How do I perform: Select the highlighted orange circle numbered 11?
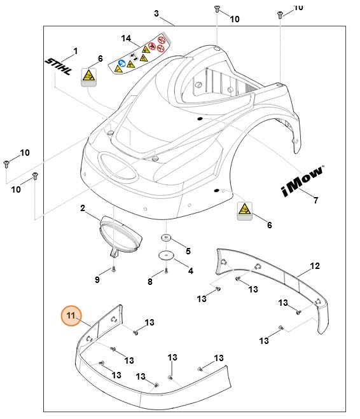tap(71, 316)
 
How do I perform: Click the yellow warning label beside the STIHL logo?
tap(88, 78)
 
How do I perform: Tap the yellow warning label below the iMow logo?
tap(244, 210)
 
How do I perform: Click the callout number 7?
tap(315, 201)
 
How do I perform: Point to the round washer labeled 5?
tap(165, 238)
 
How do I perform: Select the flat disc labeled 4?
tap(166, 256)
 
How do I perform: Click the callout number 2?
tap(83, 208)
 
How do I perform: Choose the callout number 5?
tap(188, 251)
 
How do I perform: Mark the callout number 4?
tap(190, 270)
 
